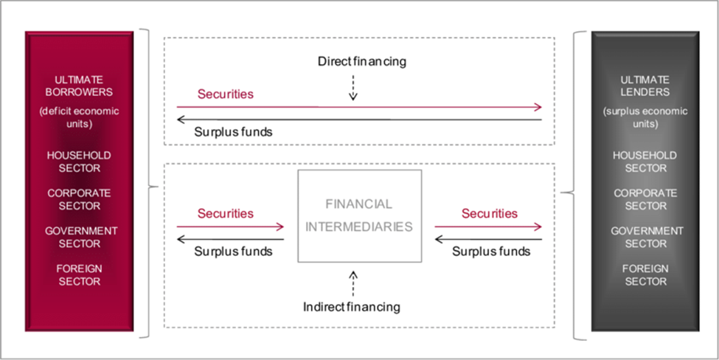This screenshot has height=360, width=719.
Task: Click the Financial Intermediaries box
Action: coord(360,216)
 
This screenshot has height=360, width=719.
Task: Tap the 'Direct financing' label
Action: coord(362,61)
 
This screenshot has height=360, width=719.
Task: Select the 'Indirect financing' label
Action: coord(352,306)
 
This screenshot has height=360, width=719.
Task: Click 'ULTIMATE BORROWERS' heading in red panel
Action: coord(80,86)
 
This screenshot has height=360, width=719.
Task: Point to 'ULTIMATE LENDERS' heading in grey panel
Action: coord(646,86)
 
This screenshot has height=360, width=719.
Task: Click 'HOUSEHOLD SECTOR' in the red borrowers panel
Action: coord(80,162)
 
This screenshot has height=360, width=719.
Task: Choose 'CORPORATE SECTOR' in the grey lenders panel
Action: coord(646,199)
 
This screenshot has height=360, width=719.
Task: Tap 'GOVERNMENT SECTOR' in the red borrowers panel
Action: coord(81,237)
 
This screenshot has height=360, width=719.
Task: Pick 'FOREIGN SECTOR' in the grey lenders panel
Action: coord(646,274)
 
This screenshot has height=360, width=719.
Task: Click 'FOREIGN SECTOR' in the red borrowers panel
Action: coord(80,274)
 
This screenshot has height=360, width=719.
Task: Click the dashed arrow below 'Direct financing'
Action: coord(353,88)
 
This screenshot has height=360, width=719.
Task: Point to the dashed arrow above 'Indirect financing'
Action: coord(353,283)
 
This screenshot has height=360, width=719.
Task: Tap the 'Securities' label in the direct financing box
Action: coord(226,94)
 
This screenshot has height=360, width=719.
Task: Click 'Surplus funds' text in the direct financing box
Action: coord(234,132)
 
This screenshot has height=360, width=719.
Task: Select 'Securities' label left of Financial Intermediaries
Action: coord(226,213)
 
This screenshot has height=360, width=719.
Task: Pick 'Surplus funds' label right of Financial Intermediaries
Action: coord(492,252)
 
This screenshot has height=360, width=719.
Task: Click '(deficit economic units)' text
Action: coord(80,118)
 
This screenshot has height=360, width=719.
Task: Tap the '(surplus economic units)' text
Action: coord(646,118)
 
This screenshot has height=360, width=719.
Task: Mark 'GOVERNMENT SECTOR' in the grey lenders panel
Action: coord(647,237)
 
